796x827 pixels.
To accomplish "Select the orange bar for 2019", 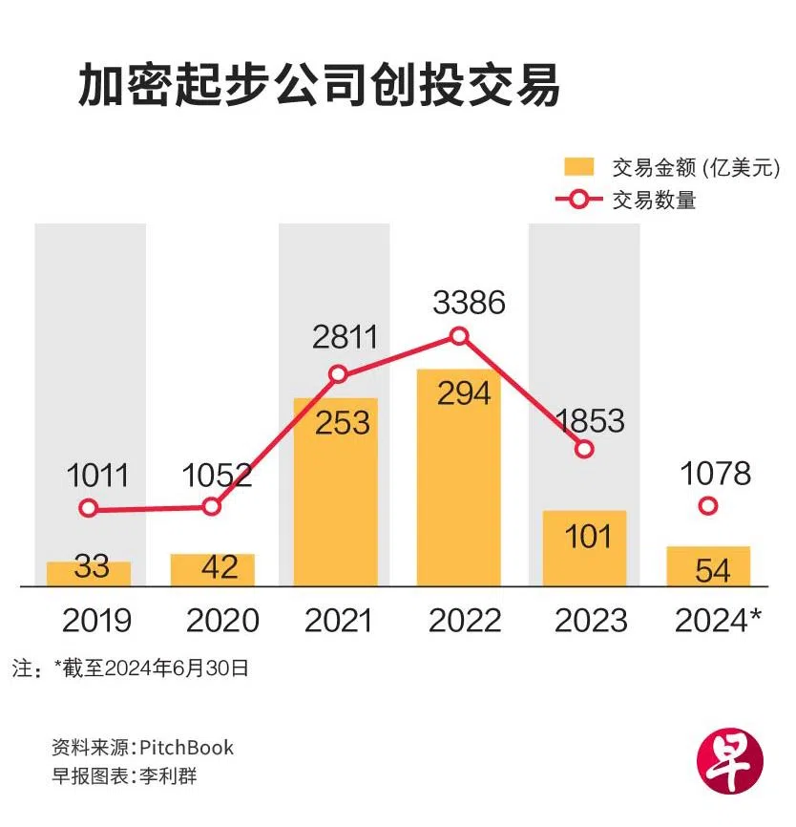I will point(89,573).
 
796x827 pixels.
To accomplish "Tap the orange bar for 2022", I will point(459,477).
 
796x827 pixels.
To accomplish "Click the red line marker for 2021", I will point(337,374).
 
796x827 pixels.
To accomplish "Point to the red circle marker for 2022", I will point(459,335).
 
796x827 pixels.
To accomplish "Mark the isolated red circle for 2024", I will point(707,505).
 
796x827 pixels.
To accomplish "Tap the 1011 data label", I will point(98,474).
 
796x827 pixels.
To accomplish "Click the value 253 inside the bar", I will point(336,421).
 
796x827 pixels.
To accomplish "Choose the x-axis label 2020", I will point(222,621).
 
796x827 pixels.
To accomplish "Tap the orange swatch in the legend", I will point(578,166).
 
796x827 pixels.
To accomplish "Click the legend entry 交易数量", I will point(654,201).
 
